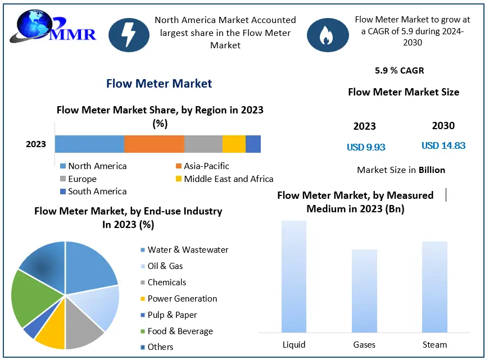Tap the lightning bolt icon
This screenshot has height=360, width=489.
129,34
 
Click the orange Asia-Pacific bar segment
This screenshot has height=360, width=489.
154,144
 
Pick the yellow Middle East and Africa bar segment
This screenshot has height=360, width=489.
234,144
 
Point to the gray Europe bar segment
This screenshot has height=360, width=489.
203,144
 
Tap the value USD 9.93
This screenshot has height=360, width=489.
366,148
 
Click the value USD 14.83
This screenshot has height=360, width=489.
443,146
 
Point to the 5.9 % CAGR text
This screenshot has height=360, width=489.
399,71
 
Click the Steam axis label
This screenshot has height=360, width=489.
434,344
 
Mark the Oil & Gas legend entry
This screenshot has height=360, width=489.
165,266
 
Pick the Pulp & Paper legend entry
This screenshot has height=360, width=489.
172,315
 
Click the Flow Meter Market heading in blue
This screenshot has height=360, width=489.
159,84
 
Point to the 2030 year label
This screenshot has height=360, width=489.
443,126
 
